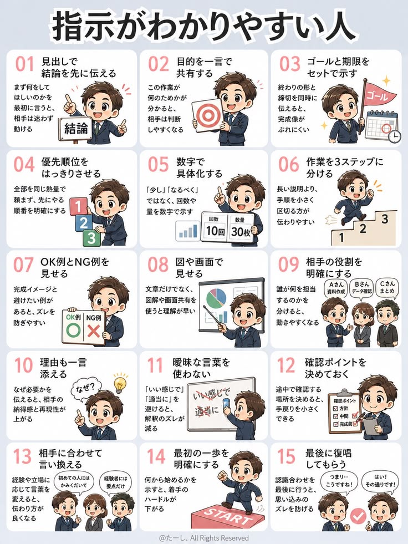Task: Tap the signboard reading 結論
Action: click(75, 128)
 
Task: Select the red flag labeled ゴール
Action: click(379, 93)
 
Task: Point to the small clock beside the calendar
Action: click(394, 137)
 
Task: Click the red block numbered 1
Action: click(79, 207)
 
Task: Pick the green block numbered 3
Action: click(91, 238)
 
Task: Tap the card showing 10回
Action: click(215, 227)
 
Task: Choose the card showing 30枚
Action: click(241, 227)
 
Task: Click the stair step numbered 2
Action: click(363, 229)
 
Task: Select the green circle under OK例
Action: click(73, 330)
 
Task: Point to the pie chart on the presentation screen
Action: click(216, 298)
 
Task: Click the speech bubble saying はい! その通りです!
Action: click(380, 481)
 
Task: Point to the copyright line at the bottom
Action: click(204, 538)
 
